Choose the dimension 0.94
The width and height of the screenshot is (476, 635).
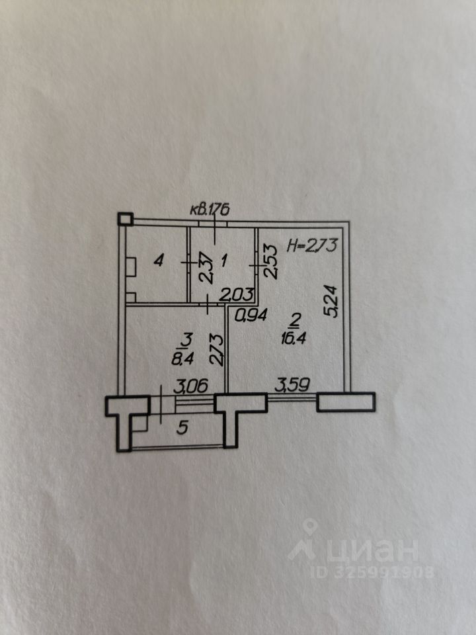click(x=251, y=316)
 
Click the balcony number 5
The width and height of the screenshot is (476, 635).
click(x=184, y=427)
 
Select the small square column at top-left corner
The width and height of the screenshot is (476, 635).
click(x=124, y=219)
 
